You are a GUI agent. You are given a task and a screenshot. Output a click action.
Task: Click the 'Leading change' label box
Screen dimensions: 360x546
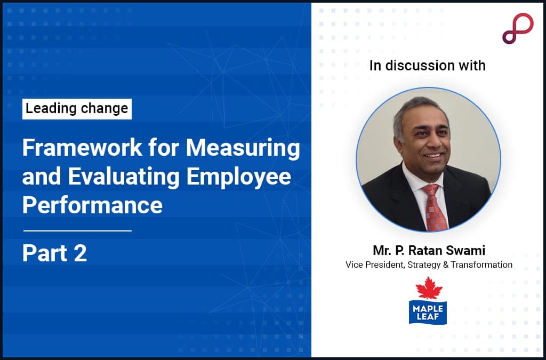[77, 109]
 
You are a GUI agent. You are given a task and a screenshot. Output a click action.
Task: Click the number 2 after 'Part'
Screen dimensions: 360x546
[80, 253]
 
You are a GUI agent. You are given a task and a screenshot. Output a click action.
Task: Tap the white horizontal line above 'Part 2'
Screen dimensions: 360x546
[77, 231]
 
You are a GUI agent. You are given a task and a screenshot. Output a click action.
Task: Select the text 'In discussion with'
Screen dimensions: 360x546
[428, 66]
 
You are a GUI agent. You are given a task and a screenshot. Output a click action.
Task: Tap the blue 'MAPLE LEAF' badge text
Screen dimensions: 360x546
[427, 311]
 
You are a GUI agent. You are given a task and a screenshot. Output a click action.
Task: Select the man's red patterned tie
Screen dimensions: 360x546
[434, 208]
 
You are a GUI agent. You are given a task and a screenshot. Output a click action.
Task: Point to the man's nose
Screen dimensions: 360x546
[430, 143]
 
